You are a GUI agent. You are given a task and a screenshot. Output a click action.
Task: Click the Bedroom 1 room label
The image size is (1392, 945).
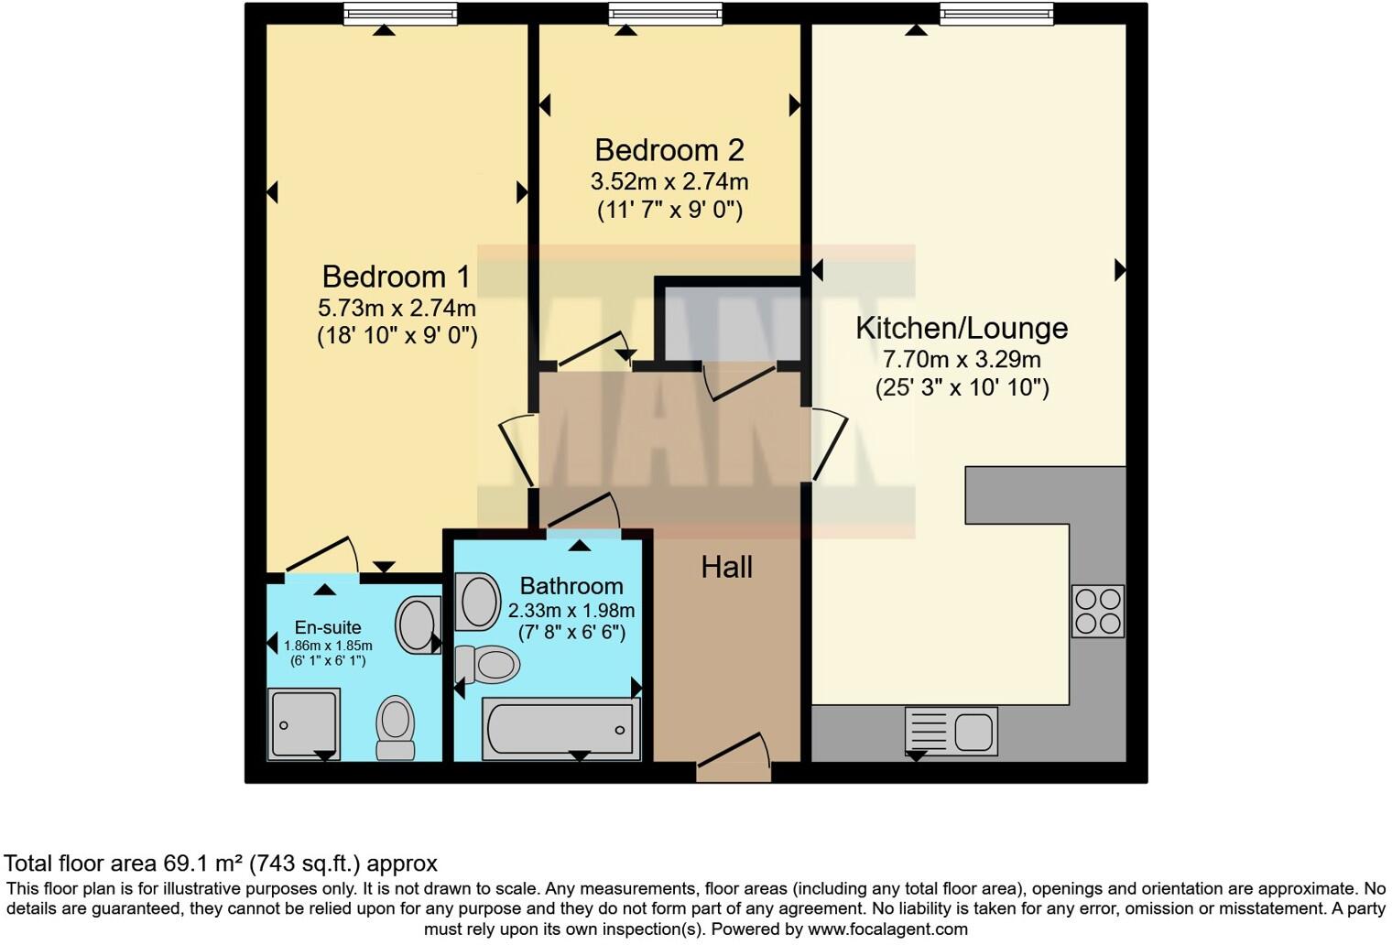click(396, 277)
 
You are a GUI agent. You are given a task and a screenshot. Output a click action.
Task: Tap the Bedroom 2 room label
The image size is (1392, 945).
click(669, 150)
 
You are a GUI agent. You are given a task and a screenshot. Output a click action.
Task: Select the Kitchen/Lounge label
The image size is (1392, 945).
click(962, 328)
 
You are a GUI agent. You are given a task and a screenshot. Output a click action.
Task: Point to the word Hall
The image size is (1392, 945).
click(726, 568)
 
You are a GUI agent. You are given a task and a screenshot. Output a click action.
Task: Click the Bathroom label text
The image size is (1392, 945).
click(571, 586)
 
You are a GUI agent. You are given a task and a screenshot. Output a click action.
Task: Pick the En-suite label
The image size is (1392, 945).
click(327, 627)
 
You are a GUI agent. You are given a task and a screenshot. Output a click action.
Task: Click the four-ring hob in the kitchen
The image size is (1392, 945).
click(1097, 612)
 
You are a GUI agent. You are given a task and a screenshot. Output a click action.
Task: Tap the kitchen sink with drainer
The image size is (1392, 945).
click(951, 731)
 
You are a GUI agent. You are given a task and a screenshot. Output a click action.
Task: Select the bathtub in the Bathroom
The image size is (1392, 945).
click(560, 730)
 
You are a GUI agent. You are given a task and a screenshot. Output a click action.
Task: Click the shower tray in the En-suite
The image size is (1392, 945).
click(304, 723)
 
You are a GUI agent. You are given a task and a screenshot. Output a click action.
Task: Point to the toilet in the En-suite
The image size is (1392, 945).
click(396, 727)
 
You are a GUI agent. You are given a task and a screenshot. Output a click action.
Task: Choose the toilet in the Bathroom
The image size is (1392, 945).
click(489, 663)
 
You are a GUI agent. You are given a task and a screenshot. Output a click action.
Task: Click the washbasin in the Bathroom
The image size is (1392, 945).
click(478, 602)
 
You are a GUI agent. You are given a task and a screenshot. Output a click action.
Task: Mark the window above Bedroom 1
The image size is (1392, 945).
click(399, 14)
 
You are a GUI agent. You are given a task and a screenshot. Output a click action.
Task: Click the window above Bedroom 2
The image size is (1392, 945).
click(666, 14)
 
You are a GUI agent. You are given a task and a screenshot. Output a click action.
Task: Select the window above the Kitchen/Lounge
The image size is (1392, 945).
click(995, 14)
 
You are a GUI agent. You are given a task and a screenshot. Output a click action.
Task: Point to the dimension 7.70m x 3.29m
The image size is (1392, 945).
click(962, 360)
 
